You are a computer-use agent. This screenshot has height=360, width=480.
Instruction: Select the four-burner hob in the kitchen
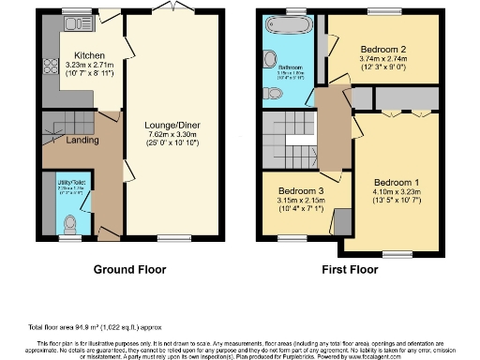tap(51, 68)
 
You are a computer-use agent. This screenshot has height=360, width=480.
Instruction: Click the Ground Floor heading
tap(130, 270)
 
